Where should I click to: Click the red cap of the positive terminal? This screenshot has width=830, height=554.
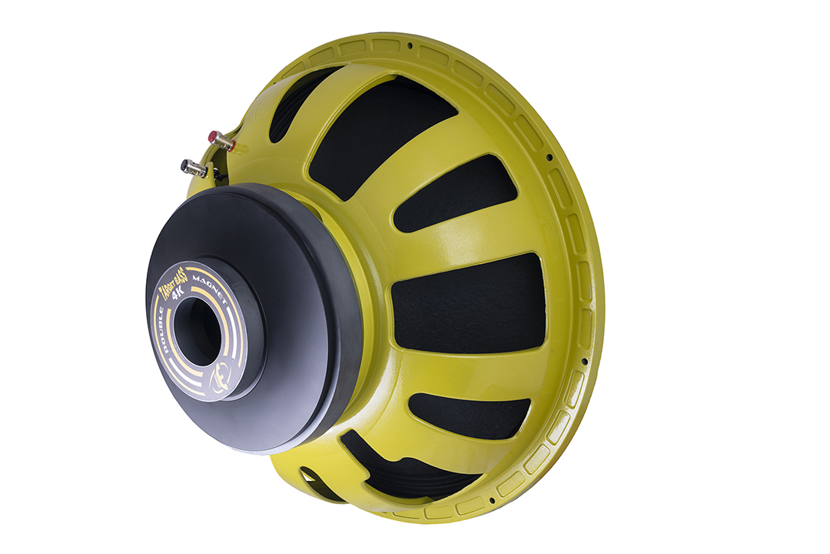pyautogui.click(x=212, y=136)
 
